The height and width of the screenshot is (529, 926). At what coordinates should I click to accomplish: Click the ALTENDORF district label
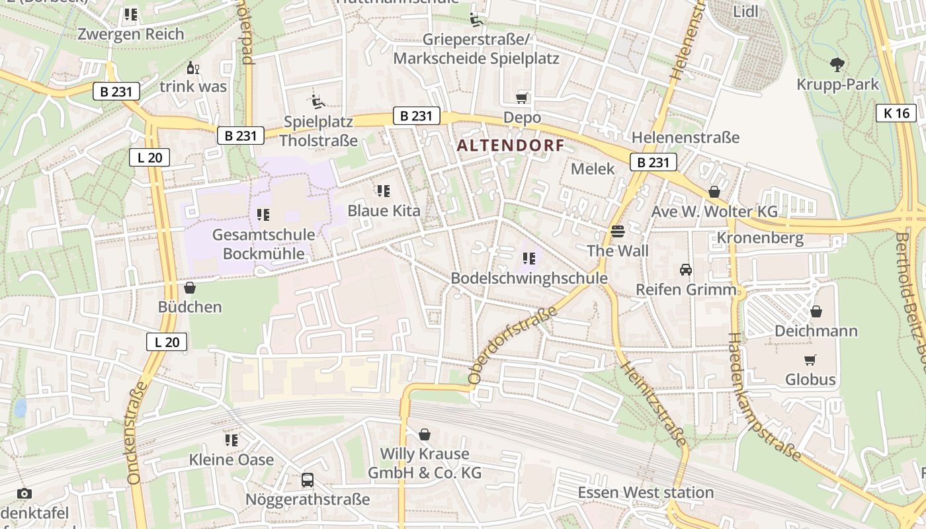click(x=510, y=145)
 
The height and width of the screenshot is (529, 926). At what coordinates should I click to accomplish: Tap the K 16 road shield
click(x=896, y=113)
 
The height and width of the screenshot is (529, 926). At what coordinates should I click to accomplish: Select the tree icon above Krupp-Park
click(x=837, y=65)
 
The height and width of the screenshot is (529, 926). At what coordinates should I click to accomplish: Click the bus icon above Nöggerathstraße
click(x=308, y=480)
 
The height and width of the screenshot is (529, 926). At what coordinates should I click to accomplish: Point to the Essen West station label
click(x=646, y=493)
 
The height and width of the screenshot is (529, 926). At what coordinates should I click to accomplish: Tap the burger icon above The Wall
click(x=618, y=231)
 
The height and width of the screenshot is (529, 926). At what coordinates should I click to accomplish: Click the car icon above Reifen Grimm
click(x=686, y=270)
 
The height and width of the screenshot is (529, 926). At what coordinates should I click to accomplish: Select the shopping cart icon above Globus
click(x=810, y=360)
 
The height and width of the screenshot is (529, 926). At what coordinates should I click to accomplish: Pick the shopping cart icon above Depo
click(x=522, y=98)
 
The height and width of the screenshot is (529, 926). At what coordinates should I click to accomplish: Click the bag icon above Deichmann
click(x=816, y=311)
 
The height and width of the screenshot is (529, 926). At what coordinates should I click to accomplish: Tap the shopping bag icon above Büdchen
click(x=190, y=288)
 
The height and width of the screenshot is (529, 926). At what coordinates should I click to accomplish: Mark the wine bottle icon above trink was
click(x=192, y=67)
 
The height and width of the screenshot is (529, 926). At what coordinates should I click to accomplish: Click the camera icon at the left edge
click(x=24, y=493)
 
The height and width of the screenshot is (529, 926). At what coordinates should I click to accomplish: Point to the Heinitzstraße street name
click(x=655, y=404)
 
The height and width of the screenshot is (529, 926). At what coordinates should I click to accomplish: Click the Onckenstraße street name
click(x=136, y=432)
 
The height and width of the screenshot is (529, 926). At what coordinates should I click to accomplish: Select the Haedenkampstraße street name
click(x=763, y=397)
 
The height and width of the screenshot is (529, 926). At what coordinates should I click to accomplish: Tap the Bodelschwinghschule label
click(x=528, y=278)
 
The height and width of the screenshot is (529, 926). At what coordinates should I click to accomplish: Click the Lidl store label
click(x=746, y=11)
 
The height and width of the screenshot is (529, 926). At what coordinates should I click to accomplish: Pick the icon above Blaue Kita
click(x=384, y=191)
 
